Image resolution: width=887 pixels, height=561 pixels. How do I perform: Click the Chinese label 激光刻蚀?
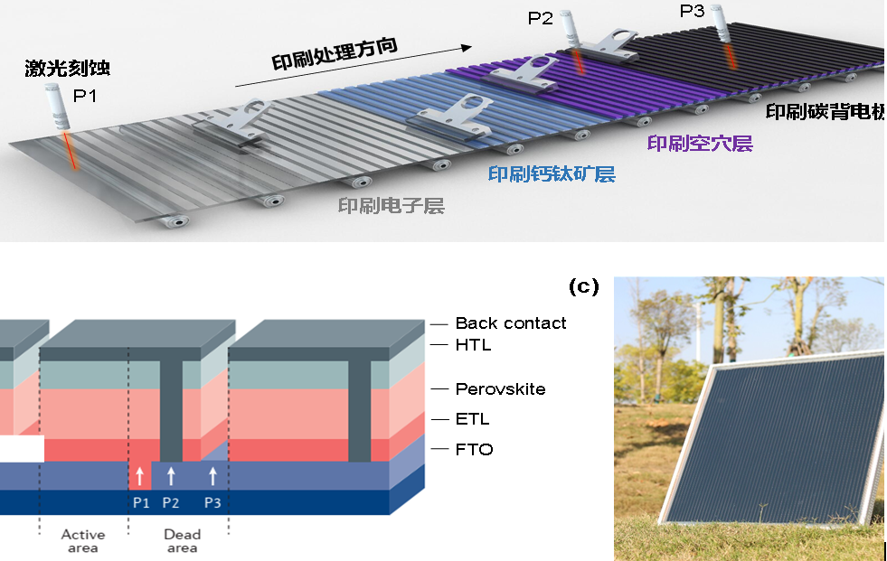68,69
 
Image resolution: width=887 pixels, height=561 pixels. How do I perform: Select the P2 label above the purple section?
541,18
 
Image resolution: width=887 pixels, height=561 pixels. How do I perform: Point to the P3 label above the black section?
692,12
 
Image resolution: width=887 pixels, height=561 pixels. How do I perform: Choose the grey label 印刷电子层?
391,206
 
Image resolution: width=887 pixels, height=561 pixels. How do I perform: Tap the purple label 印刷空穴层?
700,144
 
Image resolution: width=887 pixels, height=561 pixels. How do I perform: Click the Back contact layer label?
511,323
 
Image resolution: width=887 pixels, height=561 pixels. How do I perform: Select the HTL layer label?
475,344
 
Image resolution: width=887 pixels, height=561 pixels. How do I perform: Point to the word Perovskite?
500,389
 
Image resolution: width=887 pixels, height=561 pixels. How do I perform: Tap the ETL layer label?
473,419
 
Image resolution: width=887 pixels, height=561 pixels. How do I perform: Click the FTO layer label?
474,449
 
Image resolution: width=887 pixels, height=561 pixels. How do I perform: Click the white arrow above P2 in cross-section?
171,476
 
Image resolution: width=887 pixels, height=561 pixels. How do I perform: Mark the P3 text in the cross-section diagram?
212,502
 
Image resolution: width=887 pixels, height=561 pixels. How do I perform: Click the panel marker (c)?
583,287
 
